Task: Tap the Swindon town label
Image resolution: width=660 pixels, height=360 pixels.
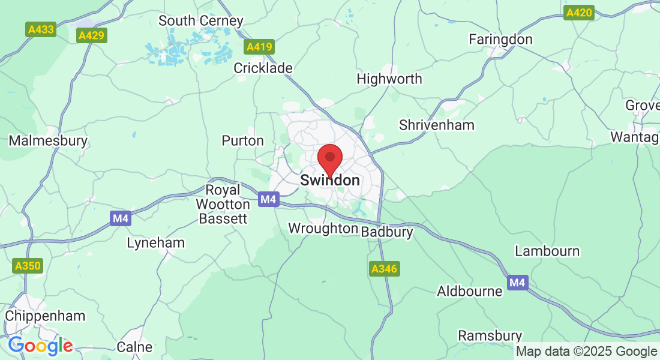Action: pos(329,180)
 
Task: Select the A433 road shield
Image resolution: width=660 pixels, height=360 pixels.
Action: pos(41,29)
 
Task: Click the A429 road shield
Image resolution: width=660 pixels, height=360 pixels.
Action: pos(92,35)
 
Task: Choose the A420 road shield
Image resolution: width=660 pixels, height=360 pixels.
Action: pos(580,13)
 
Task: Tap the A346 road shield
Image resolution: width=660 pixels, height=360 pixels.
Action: pos(384,269)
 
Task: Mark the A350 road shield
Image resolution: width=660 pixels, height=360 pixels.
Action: pos(28,265)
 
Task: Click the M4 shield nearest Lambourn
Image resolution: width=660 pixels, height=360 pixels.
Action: pos(517,282)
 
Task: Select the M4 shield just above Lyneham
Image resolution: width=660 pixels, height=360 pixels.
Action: pos(121,218)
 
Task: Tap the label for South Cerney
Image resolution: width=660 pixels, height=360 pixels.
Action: pos(200,21)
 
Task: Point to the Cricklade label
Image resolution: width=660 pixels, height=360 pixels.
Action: pos(263,68)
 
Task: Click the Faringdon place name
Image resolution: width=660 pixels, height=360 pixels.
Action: pos(500,40)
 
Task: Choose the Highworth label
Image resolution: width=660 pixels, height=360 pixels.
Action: pos(389,79)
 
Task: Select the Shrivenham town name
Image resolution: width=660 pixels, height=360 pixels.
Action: pos(437,125)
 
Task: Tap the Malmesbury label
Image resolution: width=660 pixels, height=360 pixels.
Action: pos(48,142)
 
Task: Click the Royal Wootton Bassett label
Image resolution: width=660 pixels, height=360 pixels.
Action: pos(223,205)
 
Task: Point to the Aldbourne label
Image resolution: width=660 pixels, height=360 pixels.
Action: pos(469,292)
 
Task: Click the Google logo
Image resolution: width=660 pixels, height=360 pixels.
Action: pos(40,346)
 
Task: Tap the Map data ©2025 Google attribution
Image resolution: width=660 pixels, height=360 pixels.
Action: pos(586,352)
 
